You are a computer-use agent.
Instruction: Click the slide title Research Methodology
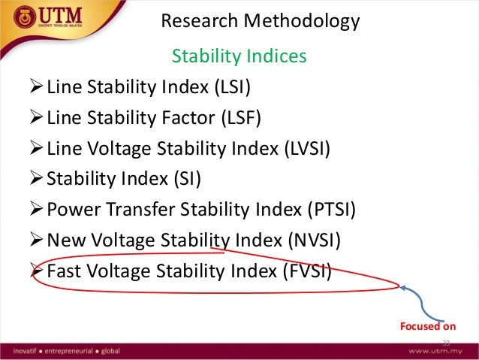(261, 22)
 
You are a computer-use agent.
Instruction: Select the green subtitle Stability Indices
(239, 56)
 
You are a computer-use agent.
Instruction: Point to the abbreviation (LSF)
(239, 119)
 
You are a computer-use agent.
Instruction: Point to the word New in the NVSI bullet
(64, 240)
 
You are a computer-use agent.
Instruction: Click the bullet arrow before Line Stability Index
(35, 89)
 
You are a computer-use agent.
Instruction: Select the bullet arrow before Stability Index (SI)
(35, 179)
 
